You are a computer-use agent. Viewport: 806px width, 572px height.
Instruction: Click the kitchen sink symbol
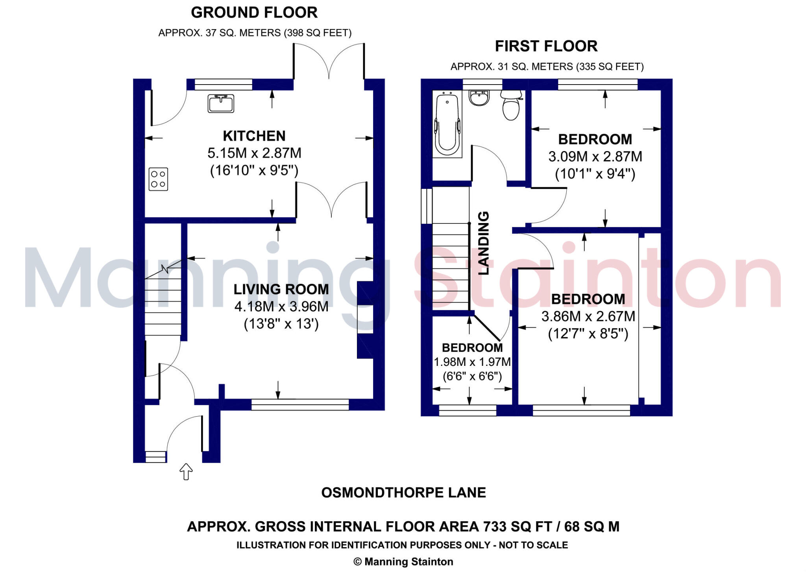point(221,103)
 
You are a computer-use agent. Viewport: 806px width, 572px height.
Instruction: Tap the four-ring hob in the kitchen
point(158,179)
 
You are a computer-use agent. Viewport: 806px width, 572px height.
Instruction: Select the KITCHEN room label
point(254,136)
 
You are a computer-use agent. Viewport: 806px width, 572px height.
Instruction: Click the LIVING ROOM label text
point(281,290)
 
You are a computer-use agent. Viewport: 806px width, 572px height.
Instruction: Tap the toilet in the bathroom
point(511,105)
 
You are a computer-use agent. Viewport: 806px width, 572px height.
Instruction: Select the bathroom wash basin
point(479,98)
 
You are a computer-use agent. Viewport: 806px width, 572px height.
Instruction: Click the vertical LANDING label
point(483,243)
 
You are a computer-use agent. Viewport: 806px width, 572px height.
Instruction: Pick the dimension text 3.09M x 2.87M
point(595,157)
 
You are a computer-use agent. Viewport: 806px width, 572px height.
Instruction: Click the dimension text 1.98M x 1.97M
point(472,362)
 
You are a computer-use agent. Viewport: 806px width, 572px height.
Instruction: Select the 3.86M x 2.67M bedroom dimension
point(588,316)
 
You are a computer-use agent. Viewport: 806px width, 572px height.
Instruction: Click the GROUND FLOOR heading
point(254,13)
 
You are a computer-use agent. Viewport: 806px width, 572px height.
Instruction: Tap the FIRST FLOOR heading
point(546,46)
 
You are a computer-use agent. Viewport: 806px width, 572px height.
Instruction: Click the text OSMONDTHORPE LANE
point(403,493)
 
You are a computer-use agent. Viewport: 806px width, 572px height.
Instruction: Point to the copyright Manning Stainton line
point(403,562)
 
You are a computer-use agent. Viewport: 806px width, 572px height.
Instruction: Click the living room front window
point(300,404)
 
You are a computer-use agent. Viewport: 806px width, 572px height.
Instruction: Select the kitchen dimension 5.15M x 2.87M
point(254,153)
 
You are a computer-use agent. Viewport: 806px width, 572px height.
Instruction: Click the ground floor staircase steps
point(163,307)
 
